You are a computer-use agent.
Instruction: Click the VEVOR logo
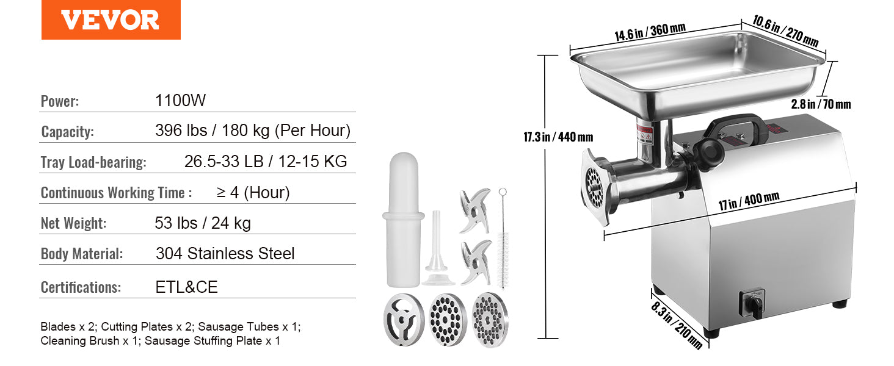pos(111,20)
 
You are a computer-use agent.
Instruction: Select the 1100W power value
pos(181,101)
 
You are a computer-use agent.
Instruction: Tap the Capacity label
pos(67,132)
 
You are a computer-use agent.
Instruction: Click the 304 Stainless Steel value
pos(225,254)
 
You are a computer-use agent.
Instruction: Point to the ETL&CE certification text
pos(186,287)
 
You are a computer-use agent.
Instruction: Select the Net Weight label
pos(73,223)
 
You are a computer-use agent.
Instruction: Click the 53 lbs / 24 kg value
pos(203,223)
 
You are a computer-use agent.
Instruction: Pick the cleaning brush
pos(503,238)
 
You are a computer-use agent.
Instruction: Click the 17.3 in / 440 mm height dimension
pos(558,137)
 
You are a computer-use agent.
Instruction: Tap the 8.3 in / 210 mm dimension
pos(676,322)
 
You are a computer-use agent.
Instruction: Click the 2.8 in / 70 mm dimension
pos(820,104)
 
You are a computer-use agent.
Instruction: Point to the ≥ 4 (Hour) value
pos(253,193)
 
